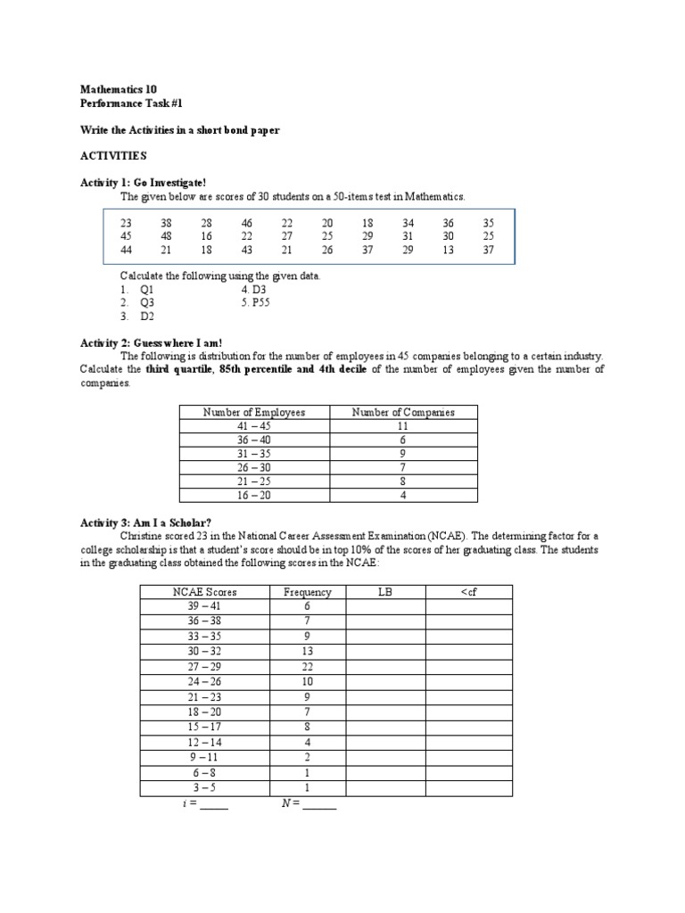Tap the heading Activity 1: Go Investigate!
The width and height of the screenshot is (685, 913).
tap(144, 182)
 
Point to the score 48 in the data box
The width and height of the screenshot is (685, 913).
tap(167, 236)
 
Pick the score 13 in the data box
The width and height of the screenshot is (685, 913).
tap(448, 250)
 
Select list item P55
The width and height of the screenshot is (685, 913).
tap(257, 302)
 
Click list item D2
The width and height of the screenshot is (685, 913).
tap(140, 316)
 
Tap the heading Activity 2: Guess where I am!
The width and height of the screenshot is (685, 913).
tap(151, 342)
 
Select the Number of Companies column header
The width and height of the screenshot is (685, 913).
tap(403, 412)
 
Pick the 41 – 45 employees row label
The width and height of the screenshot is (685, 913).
tap(254, 426)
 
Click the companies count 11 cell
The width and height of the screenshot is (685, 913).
tap(403, 426)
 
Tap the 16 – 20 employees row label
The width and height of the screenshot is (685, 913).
tap(254, 496)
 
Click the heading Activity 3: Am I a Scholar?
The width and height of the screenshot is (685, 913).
tap(146, 522)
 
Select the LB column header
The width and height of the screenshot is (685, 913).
tap(385, 592)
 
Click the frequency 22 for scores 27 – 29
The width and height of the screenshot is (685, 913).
tap(307, 667)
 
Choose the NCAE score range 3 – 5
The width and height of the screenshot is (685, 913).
tap(205, 788)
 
